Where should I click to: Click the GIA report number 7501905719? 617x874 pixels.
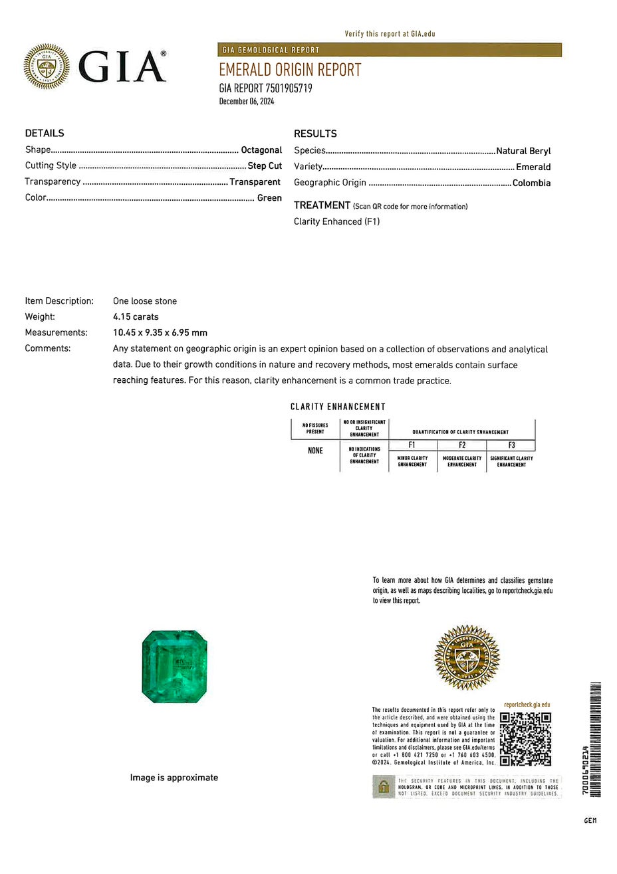pyautogui.click(x=265, y=88)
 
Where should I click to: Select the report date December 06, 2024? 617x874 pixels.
pyautogui.click(x=246, y=102)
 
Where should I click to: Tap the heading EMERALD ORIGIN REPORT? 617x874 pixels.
pyautogui.click(x=290, y=70)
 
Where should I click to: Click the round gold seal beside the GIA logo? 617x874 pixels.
pyautogui.click(x=47, y=66)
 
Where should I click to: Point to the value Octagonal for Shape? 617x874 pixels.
pyautogui.click(x=261, y=150)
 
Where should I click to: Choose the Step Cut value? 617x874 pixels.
pyautogui.click(x=265, y=166)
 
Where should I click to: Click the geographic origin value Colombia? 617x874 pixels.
pyautogui.click(x=531, y=183)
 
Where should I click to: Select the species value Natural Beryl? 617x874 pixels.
pyautogui.click(x=523, y=151)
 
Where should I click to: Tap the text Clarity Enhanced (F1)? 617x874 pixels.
pyautogui.click(x=336, y=222)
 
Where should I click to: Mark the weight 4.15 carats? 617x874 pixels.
pyautogui.click(x=136, y=317)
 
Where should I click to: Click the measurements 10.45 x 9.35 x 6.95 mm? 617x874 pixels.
pyautogui.click(x=160, y=333)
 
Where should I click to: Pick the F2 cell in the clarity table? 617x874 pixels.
pyautogui.click(x=462, y=445)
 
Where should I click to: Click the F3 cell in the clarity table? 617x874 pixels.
pyautogui.click(x=511, y=445)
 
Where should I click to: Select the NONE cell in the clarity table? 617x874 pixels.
pyautogui.click(x=315, y=451)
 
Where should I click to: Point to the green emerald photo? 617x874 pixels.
pyautogui.click(x=175, y=667)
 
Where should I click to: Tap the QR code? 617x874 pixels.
pyautogui.click(x=525, y=738)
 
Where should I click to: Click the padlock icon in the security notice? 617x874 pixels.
pyautogui.click(x=383, y=787)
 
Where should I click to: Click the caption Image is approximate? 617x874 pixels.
pyautogui.click(x=174, y=778)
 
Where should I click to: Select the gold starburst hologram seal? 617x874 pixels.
pyautogui.click(x=467, y=657)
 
